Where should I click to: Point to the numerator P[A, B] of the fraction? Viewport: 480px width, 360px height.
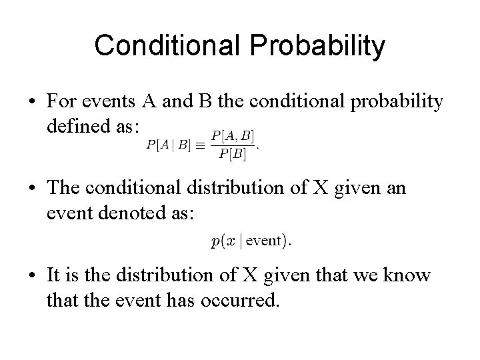point(232,135)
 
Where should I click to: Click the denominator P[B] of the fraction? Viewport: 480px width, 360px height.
point(232,155)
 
